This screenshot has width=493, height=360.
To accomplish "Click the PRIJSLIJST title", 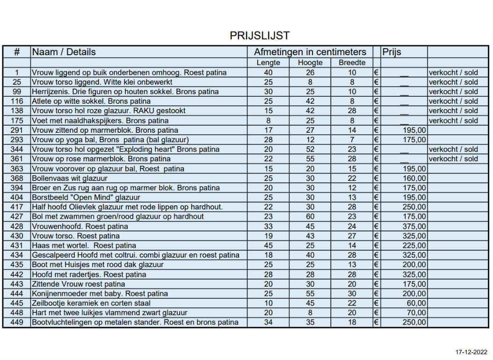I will [260, 36].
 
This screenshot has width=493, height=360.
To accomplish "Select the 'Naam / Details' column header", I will [64, 52].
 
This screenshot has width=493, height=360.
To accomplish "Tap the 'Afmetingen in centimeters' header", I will [310, 52].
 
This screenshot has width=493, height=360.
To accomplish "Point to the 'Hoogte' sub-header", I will [310, 63].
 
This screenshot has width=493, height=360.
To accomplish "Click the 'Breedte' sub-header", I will [352, 63].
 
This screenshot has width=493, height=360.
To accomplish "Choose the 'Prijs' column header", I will [391, 52].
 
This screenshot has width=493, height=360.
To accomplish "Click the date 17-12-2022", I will [471, 352].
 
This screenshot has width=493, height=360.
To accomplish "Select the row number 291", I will [16, 130].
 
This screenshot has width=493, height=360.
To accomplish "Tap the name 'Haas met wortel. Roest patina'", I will [84, 245].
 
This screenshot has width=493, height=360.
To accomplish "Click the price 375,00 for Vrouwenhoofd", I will [414, 226].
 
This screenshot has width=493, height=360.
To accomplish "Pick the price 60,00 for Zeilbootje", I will [417, 303].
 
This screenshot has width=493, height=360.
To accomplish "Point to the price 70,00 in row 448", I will [417, 313].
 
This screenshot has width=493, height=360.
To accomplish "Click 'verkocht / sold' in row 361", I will [453, 159].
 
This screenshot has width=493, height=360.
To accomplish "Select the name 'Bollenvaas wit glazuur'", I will [70, 178].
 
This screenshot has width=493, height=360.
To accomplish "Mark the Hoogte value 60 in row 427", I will [310, 216].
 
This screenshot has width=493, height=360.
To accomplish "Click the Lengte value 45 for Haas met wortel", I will [268, 245].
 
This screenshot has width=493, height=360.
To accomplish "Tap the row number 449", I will [16, 322].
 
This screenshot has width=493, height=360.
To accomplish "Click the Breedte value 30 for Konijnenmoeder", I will [352, 294].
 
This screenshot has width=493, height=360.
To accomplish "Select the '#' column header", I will [16, 52].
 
